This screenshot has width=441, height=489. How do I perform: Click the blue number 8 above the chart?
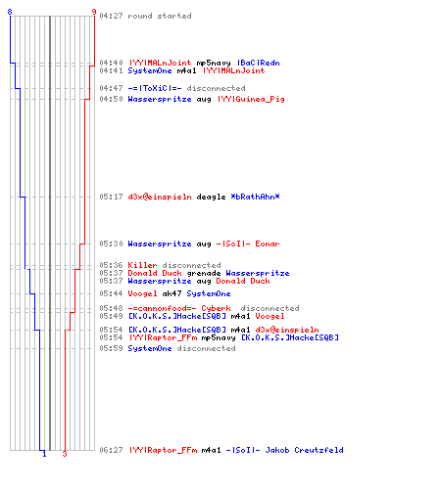[10, 12]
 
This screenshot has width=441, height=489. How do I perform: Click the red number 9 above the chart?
[94, 12]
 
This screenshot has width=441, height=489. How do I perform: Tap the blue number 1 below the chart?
[44, 454]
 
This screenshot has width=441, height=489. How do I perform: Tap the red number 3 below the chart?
[65, 454]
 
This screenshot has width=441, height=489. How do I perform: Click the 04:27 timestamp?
[111, 16]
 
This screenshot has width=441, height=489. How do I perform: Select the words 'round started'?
[160, 16]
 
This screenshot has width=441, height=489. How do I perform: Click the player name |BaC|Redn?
[259, 63]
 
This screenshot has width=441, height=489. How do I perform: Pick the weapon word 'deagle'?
[211, 197]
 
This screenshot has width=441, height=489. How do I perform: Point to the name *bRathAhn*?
[255, 197]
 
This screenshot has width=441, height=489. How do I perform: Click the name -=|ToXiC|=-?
[155, 88]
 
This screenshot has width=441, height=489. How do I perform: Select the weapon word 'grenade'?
[204, 273]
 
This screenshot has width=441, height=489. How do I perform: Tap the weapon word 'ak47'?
[171, 293]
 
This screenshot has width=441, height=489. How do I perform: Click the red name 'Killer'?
[142, 265]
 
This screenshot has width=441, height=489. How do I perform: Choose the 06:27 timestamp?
[111, 450]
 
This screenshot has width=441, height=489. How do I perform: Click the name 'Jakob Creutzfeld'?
[304, 450]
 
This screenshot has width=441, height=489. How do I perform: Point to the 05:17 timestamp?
[111, 197]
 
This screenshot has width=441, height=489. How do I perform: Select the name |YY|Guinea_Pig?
[251, 99]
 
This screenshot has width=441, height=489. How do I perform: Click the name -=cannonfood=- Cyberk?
[179, 308]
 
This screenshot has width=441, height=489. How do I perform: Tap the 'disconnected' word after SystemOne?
[206, 348]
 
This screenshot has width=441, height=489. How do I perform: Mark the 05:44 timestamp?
[111, 293]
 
